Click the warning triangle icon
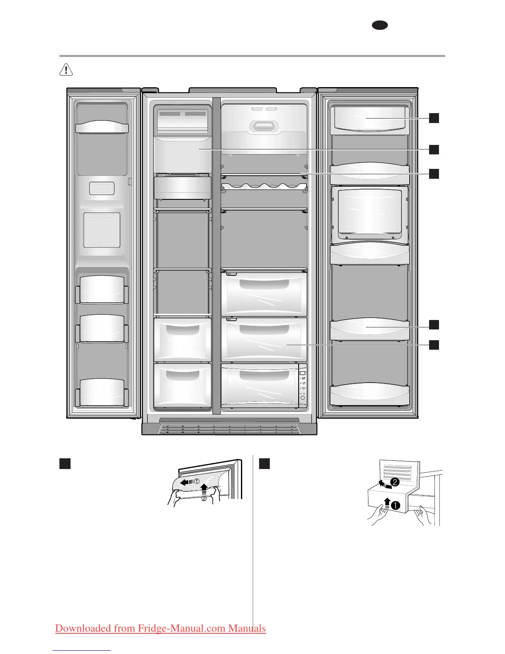tap(66, 70)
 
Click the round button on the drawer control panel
tap(303, 398)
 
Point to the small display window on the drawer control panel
tap(302, 373)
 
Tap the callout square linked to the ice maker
tap(434, 149)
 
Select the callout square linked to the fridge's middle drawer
tap(434, 345)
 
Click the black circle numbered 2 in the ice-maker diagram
tap(395, 482)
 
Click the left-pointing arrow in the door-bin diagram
tap(186, 482)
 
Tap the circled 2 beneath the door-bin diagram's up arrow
tap(204, 498)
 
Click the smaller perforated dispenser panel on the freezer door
tap(102, 188)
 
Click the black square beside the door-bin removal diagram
tap(65, 463)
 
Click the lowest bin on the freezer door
tap(102, 392)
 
